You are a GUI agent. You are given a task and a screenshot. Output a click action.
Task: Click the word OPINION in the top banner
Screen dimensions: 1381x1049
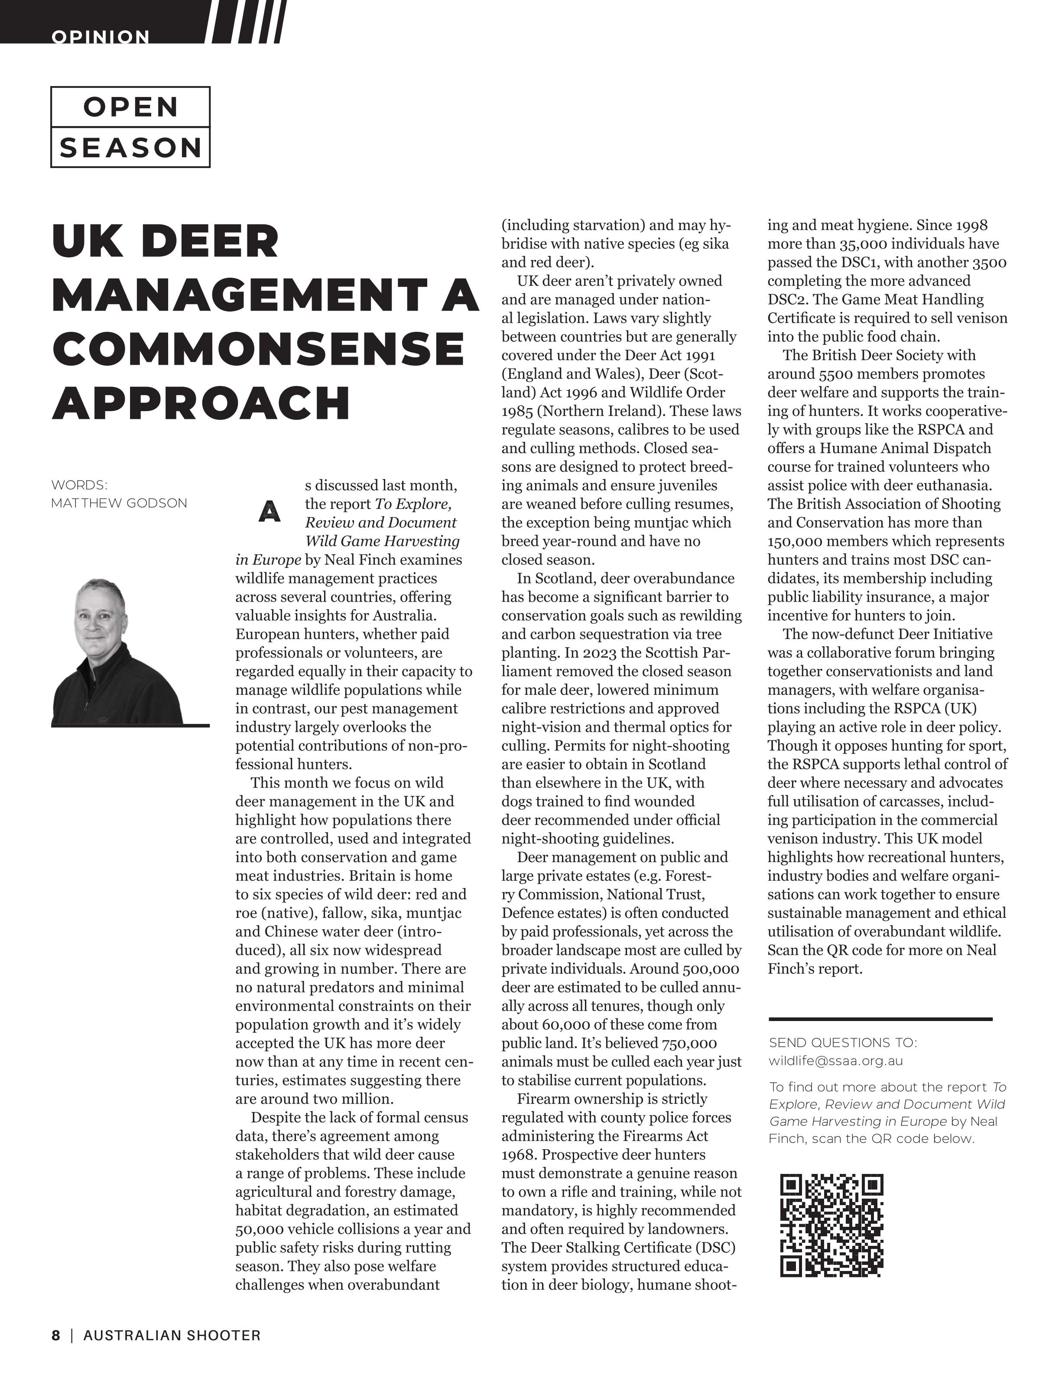[101, 37]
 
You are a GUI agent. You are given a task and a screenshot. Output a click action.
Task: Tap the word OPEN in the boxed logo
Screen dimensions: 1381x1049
[130, 107]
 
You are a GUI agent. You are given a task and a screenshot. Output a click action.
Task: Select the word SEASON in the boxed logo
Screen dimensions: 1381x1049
[130, 148]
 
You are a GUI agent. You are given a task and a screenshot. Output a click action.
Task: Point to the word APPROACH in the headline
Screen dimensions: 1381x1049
[201, 403]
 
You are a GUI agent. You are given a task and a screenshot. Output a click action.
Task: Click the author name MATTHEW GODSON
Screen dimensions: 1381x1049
[119, 503]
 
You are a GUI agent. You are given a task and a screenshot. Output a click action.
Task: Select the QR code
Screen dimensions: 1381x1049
[832, 1225]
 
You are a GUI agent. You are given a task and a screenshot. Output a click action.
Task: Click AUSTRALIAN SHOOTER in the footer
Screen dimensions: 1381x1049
[172, 1336]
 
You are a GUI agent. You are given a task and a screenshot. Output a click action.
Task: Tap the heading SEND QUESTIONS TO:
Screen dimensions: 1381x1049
[843, 1043]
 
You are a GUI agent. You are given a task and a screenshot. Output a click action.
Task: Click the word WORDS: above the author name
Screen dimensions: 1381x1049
[79, 485]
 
